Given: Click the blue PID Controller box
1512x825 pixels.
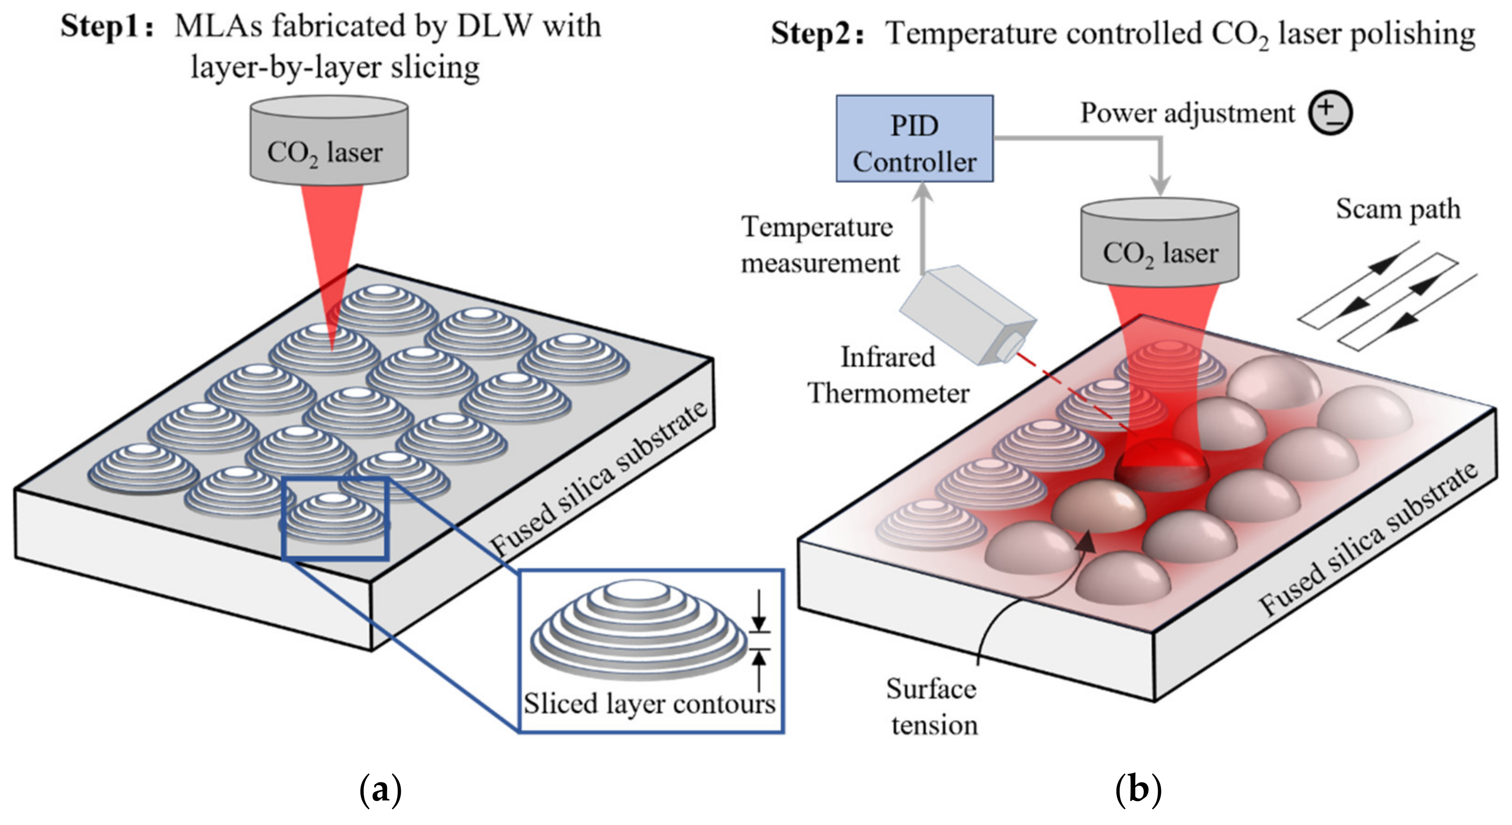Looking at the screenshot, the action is click(914, 139).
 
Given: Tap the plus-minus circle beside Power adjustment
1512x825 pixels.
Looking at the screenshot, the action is click(1330, 113).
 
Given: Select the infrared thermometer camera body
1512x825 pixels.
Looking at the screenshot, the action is click(968, 315).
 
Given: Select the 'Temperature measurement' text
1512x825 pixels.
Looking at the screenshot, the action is click(820, 244).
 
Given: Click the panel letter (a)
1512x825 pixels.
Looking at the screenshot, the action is click(380, 790).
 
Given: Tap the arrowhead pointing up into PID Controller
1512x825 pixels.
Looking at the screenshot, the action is click(923, 192).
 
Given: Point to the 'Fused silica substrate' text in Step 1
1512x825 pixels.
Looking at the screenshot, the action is click(598, 479).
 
